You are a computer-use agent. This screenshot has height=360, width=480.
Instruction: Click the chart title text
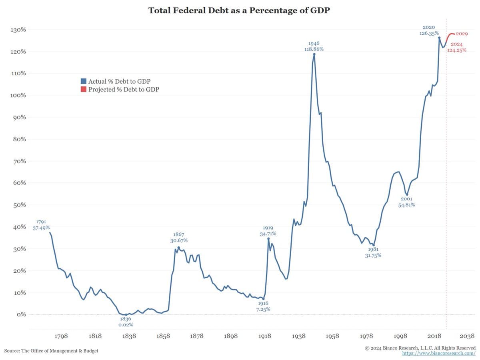point(240,11)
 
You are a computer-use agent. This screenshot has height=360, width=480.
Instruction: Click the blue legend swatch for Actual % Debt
point(84,81)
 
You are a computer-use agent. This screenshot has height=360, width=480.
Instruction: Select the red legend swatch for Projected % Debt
point(84,90)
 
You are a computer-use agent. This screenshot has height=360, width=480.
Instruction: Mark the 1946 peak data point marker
point(314,54)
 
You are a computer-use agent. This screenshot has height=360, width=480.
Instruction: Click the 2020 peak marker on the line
point(439,38)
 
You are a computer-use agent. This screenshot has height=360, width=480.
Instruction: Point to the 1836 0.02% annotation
point(125,322)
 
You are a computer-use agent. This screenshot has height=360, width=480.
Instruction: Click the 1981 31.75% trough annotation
point(373,252)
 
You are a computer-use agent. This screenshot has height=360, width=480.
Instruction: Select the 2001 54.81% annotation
point(406,202)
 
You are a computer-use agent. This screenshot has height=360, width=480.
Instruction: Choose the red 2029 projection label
point(462,34)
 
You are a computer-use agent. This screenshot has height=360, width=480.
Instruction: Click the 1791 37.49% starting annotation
point(41,225)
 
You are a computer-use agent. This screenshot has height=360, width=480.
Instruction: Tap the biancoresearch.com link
point(439,354)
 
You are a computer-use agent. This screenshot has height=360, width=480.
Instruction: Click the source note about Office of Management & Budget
point(51,351)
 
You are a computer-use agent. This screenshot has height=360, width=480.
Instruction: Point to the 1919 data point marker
point(268,238)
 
